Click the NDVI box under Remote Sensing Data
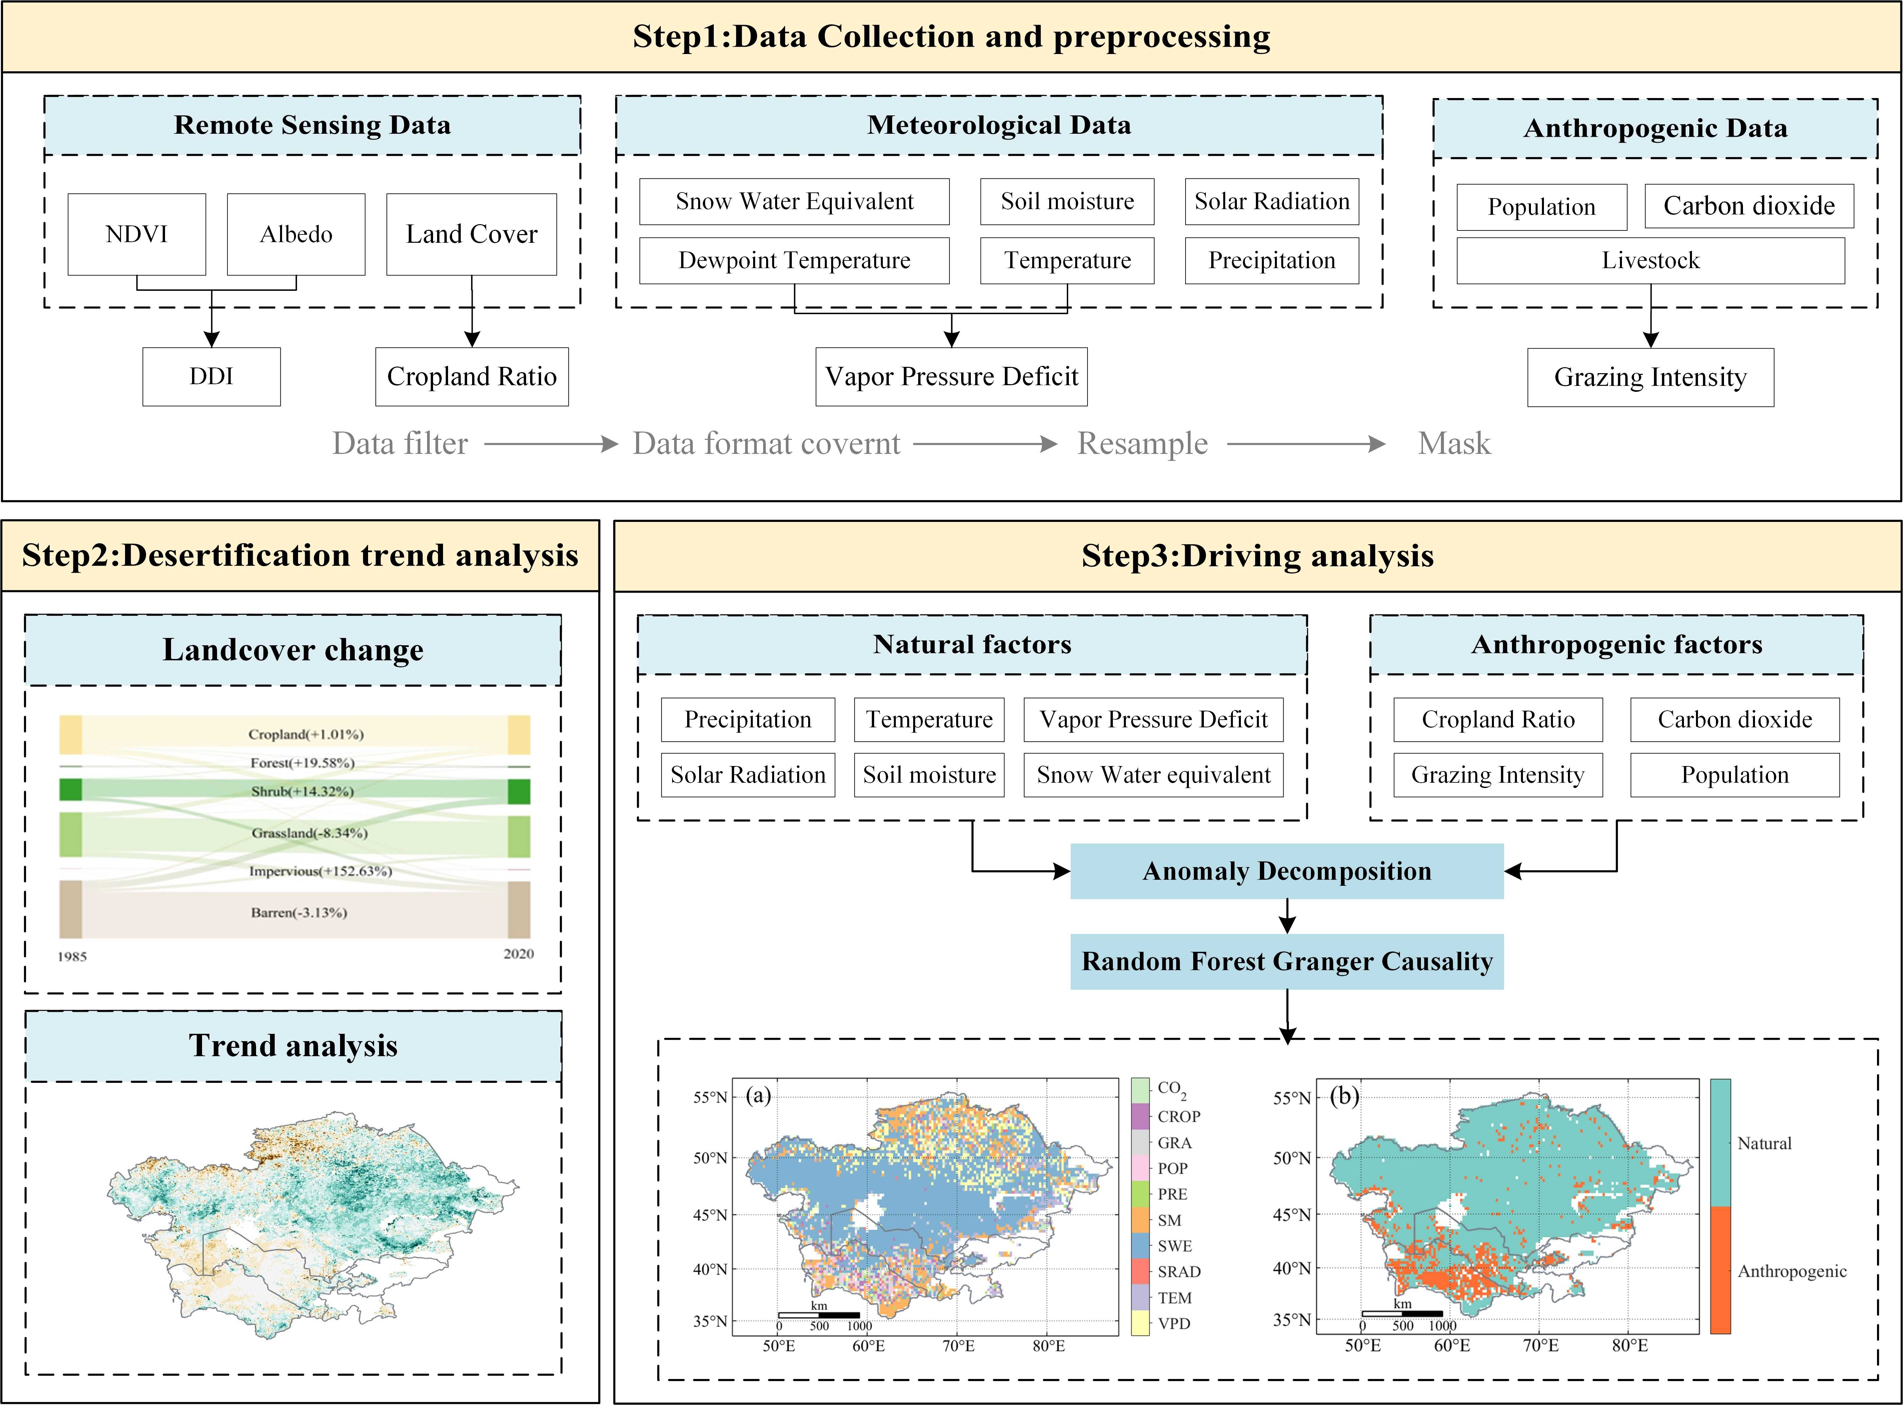click(136, 234)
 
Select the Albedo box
click(296, 234)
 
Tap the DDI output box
click(211, 376)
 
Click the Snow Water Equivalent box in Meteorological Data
click(794, 201)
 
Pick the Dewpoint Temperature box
click(794, 260)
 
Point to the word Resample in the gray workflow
click(1142, 443)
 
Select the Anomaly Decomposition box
click(1287, 871)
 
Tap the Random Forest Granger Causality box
click(1287, 961)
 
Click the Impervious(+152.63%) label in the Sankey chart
click(320, 871)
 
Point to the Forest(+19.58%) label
click(302, 763)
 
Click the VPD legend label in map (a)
click(1174, 1323)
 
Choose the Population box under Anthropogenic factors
click(1735, 775)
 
